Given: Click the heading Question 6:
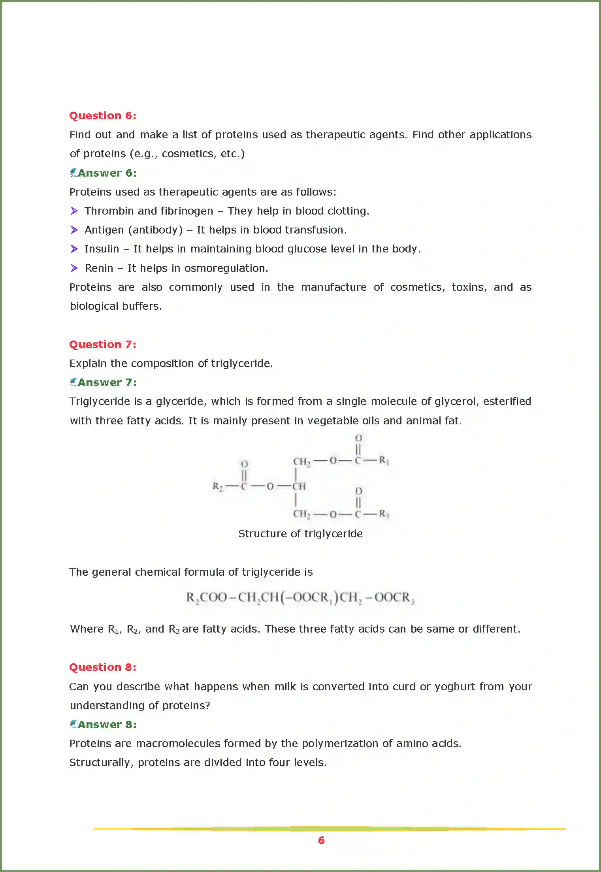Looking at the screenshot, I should [103, 116].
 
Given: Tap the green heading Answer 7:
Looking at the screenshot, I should [107, 382].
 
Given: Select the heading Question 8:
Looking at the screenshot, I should [103, 667].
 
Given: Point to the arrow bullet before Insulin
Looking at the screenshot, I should [74, 249].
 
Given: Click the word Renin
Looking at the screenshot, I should [99, 268].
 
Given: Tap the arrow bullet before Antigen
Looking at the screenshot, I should [74, 230].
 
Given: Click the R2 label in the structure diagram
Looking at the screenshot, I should [217, 486].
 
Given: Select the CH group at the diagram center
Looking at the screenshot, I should [299, 486].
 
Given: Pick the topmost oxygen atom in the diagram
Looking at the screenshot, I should [358, 438].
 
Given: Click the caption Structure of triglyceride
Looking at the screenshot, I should [300, 534].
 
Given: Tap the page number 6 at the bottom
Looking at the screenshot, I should [321, 840].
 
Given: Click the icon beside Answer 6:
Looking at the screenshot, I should [73, 173].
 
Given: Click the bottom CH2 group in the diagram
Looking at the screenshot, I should [301, 514].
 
